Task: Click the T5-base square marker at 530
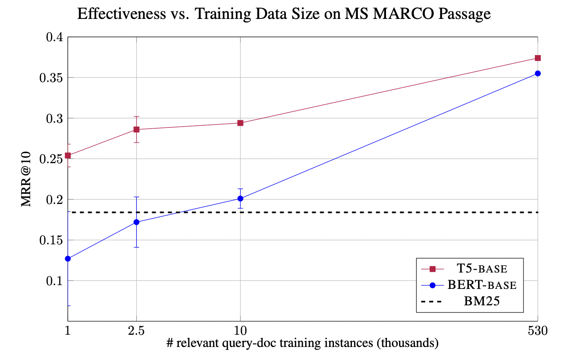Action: tap(537, 58)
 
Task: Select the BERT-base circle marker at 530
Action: tap(537, 74)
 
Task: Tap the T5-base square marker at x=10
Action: tap(240, 123)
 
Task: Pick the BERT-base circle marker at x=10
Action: tap(240, 199)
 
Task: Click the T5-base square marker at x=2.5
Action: tap(136, 130)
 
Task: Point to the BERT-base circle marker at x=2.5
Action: tap(136, 222)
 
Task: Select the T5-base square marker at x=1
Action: tap(68, 156)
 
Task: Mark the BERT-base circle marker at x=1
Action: tap(68, 259)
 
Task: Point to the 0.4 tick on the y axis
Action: tap(55, 37)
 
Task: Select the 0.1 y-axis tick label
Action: tap(55, 281)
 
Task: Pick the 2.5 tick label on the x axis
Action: tap(136, 331)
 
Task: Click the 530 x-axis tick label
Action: tap(537, 331)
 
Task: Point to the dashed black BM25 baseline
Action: tap(336, 212)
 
